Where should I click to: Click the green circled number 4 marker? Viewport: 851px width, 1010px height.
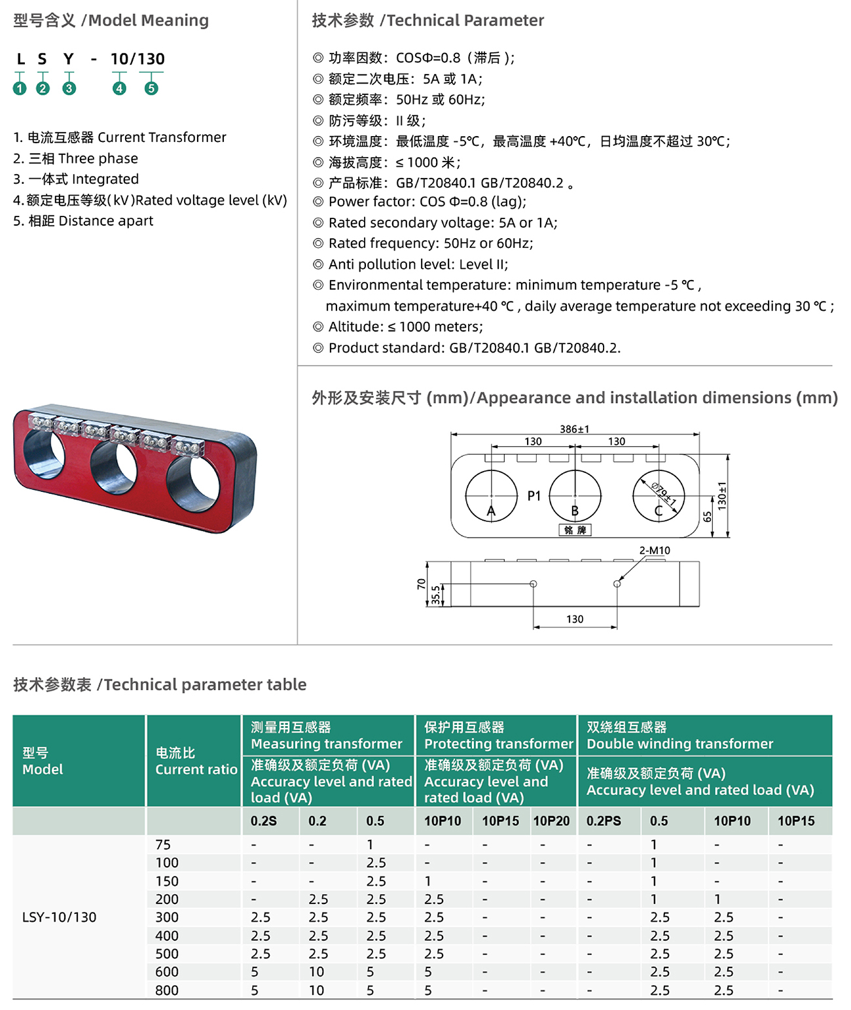[x=119, y=88]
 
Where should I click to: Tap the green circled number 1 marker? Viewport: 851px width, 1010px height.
[x=20, y=88]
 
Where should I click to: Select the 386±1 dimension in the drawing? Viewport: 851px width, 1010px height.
[x=574, y=429]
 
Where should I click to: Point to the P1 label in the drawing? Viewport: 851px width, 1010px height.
[x=534, y=496]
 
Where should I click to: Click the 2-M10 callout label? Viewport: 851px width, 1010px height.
[x=655, y=550]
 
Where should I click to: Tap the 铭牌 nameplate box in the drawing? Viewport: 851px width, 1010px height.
[x=575, y=530]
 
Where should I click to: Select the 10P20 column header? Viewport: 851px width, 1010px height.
[x=551, y=821]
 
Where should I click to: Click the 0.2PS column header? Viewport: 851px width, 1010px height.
[x=604, y=821]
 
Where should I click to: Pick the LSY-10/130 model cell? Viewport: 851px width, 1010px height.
[x=59, y=917]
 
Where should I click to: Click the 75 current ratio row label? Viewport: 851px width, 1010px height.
[x=163, y=845]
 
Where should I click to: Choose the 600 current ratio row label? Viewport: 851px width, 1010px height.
[x=167, y=972]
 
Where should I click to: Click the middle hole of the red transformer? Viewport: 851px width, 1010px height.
[x=114, y=467]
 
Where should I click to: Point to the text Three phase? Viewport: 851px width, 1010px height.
[x=98, y=158]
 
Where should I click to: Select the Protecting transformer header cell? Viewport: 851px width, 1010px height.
[x=498, y=736]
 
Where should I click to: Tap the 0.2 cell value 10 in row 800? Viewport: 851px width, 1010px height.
[x=316, y=990]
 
